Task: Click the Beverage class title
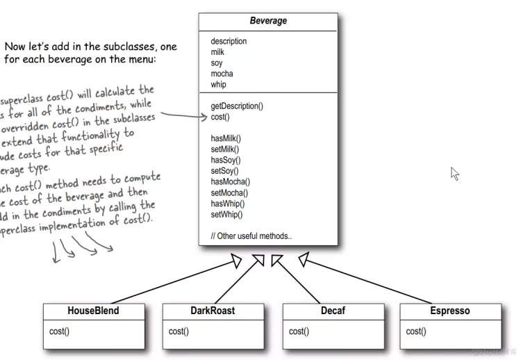(x=268, y=21)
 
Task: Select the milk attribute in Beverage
(x=218, y=52)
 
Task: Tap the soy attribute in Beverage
(x=217, y=63)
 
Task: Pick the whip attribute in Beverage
(x=219, y=85)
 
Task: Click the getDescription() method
(x=237, y=106)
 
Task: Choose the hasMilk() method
(x=225, y=138)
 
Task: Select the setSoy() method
(x=224, y=171)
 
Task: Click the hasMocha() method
(x=230, y=182)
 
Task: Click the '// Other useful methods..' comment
(x=251, y=236)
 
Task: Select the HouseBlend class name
(x=93, y=311)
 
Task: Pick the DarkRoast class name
(x=213, y=311)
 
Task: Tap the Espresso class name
(x=450, y=311)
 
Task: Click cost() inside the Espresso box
(x=417, y=332)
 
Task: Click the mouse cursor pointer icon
(x=455, y=174)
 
